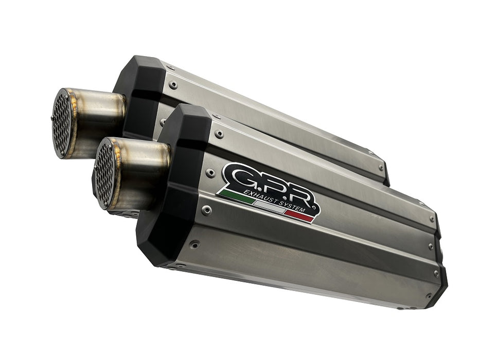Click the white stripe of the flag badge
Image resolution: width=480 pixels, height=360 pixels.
(270, 207)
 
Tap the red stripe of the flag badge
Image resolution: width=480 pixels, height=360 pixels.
(299, 216)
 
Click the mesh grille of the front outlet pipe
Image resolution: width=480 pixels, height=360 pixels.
(104, 173)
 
